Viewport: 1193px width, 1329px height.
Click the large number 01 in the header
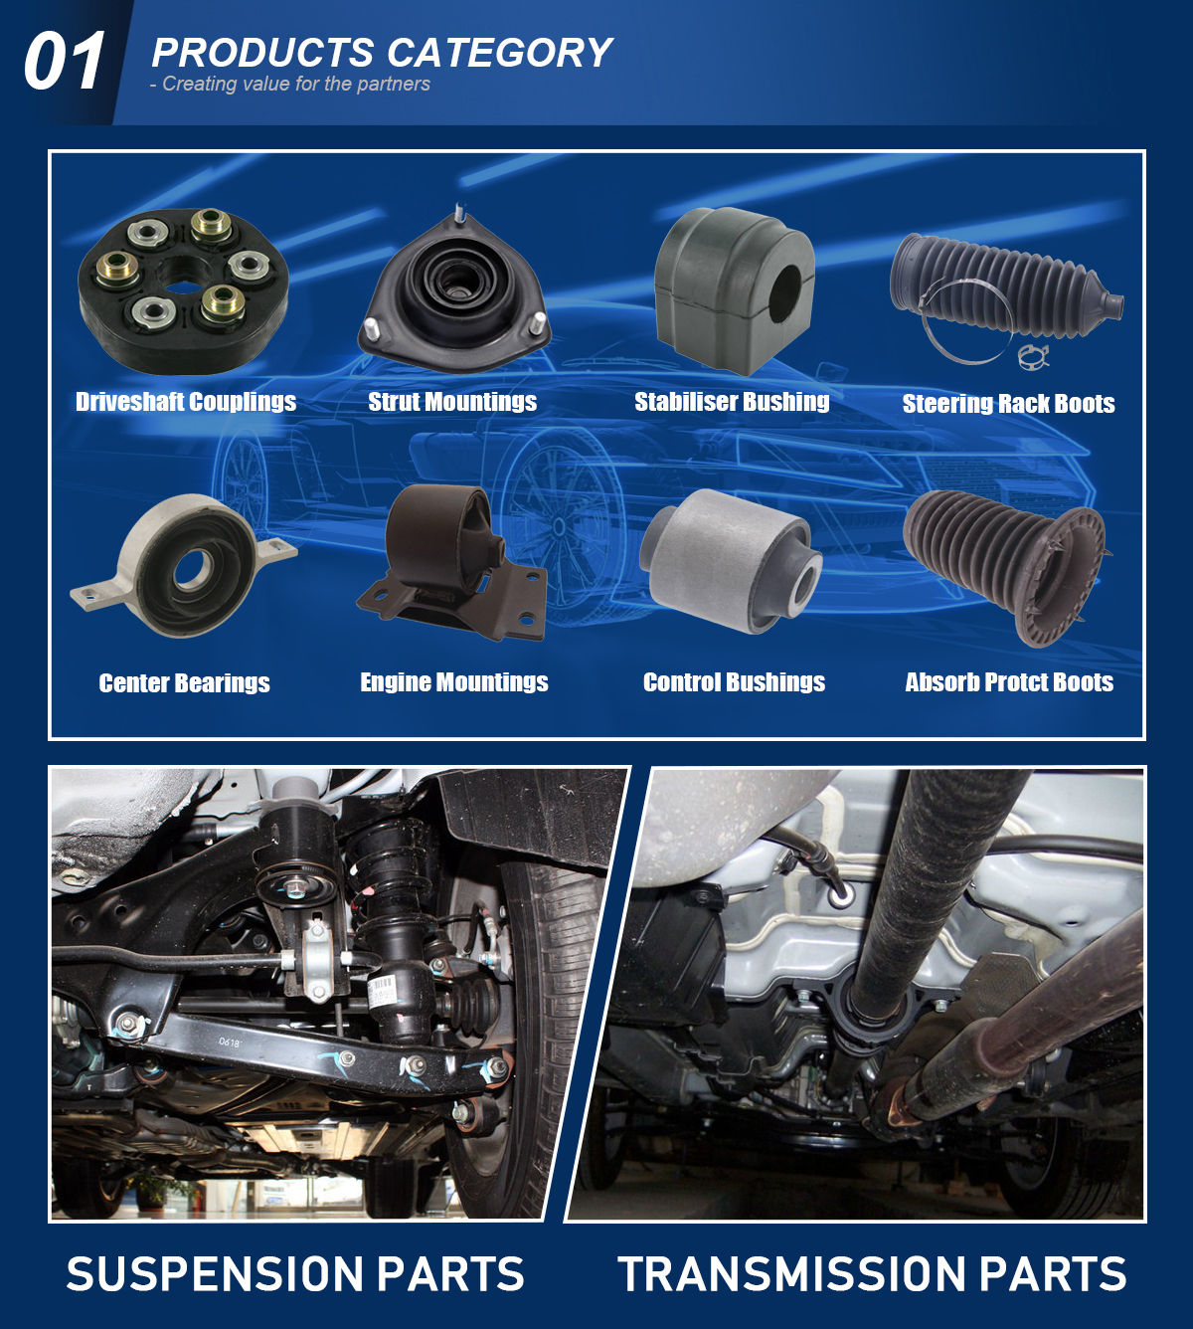65,61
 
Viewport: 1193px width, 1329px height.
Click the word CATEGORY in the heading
499,53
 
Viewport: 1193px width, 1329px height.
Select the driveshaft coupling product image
183,290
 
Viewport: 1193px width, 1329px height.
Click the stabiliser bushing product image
735,290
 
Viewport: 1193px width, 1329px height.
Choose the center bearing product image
183,565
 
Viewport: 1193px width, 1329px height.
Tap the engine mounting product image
452,562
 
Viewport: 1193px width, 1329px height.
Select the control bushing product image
731,560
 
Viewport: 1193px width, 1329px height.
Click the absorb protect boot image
1005,568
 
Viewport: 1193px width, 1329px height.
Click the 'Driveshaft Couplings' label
186,402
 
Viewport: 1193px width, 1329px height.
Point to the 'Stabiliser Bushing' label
732,402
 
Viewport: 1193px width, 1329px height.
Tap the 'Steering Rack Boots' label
1009,404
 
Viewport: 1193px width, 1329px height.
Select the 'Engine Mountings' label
454,682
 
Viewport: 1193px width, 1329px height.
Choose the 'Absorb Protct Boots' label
1009,682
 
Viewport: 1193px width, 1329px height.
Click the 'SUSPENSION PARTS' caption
295,1273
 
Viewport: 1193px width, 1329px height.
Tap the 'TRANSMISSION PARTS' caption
872,1273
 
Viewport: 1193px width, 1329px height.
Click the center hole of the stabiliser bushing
784,292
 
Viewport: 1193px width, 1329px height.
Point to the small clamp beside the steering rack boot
1034,356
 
